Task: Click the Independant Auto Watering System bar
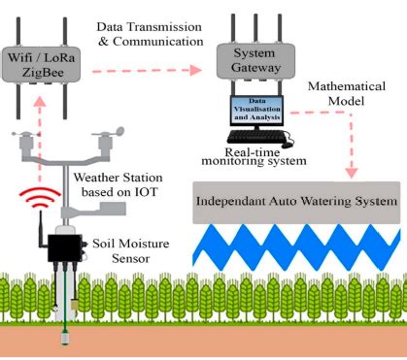tap(297, 203)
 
